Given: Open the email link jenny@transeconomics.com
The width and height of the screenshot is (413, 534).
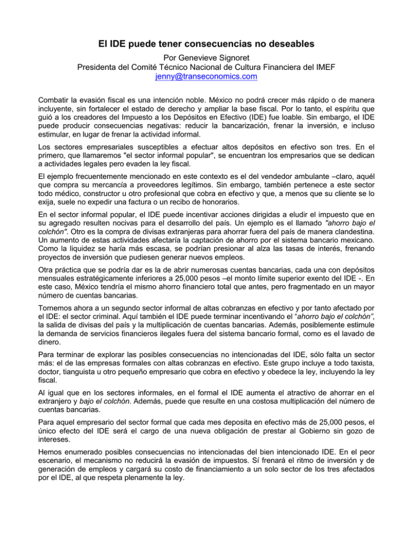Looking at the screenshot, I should tap(206, 76).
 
